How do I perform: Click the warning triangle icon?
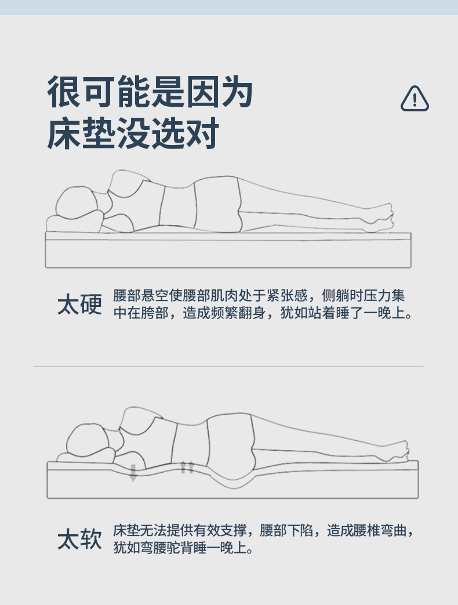tap(415, 99)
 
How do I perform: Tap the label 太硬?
tap(80, 304)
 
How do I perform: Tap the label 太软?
tap(80, 539)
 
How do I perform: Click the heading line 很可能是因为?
tap(150, 92)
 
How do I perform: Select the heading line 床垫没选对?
tap(133, 133)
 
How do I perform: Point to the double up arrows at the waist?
tap(187, 468)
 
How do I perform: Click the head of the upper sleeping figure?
tap(77, 202)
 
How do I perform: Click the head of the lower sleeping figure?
tap(88, 439)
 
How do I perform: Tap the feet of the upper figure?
tap(380, 218)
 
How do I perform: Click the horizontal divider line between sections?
tap(229, 367)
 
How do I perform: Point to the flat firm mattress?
tap(228, 250)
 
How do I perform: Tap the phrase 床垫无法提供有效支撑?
tap(180, 531)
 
